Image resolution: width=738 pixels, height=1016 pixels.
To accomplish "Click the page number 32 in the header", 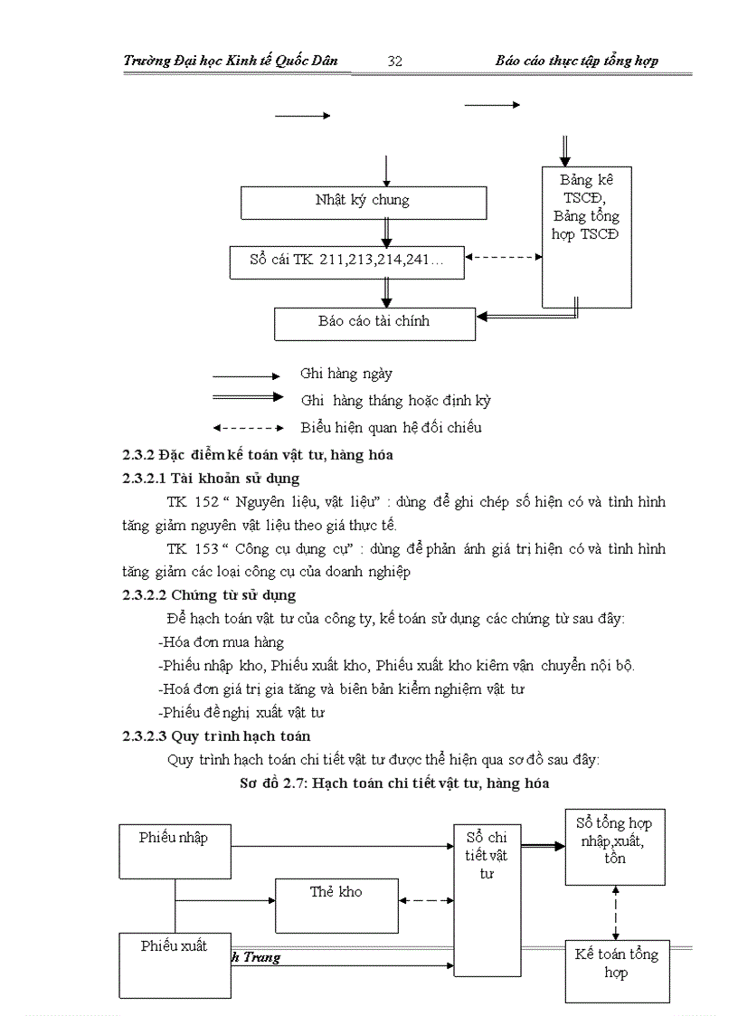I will point(394,61).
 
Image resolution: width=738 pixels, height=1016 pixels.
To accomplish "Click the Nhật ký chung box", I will point(363,202).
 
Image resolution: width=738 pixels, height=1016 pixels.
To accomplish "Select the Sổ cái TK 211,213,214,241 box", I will point(347,261).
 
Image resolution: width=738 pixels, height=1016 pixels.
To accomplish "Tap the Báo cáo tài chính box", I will point(374,322).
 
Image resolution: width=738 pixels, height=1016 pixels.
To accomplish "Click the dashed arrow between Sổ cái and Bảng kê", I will point(503,258).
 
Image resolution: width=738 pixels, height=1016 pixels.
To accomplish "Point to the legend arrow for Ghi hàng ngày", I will point(247,375).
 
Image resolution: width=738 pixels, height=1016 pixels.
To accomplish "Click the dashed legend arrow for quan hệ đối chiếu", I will point(247,427).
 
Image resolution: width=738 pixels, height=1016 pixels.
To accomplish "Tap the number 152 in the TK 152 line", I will point(206,501).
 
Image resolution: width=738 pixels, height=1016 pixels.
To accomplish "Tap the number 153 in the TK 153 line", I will point(206,548).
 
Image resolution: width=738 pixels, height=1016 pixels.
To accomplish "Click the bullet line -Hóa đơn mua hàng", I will point(221,642).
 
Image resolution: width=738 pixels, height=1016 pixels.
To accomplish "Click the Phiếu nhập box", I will point(176,850).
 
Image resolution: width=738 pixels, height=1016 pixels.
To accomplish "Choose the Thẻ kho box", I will point(336,905).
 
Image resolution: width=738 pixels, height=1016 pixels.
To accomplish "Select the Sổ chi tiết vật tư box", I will point(487,899).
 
